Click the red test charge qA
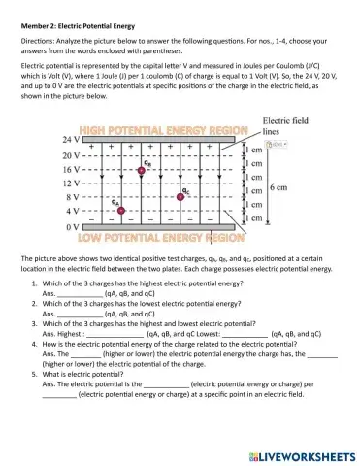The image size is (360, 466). pyautogui.click(x=120, y=210)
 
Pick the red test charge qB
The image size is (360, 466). pyautogui.click(x=143, y=170)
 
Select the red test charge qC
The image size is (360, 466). pyautogui.click(x=181, y=195)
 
